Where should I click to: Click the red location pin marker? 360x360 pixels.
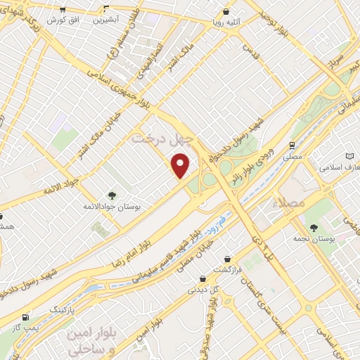pos(181,165)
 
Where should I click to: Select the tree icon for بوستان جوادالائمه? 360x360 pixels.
pos(111,195)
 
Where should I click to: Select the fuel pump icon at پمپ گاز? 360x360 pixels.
pos(27,317)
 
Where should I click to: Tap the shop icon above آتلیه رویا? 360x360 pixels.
pos(226,12)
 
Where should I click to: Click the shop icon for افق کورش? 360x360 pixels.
pos(63,10)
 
